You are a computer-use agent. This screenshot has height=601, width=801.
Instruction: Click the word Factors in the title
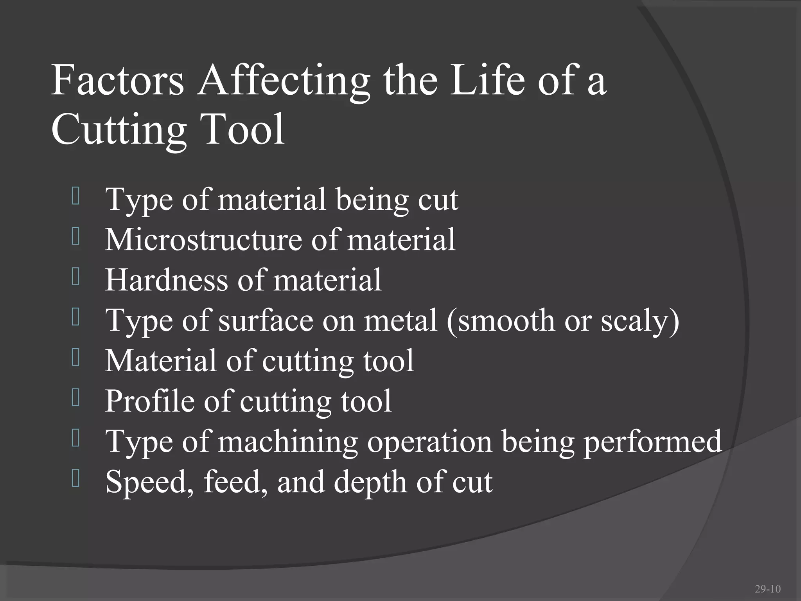point(117,81)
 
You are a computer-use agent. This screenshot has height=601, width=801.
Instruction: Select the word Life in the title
point(487,81)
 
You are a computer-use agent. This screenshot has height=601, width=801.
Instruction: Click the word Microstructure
point(203,239)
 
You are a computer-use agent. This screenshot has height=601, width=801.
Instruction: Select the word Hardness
point(167,280)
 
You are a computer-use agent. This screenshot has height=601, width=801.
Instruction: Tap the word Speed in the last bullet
point(149,482)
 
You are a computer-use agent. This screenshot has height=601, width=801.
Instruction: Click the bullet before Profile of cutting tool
point(76,398)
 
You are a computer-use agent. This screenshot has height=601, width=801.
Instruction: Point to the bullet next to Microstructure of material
point(76,237)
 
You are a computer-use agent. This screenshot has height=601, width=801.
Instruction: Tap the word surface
point(266,320)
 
